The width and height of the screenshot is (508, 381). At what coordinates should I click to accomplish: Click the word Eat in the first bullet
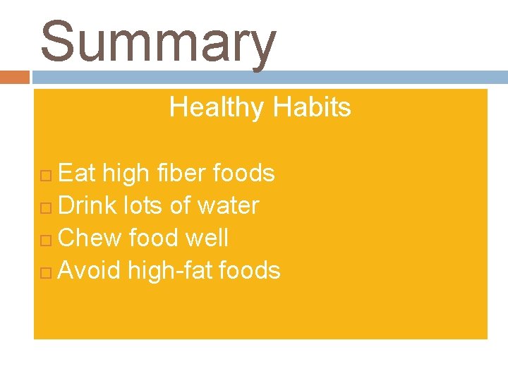coord(78,173)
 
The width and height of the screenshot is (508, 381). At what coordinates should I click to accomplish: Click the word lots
coord(143,205)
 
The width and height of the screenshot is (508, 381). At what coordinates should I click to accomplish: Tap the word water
coord(228,205)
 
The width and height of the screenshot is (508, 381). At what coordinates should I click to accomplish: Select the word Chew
coord(90,238)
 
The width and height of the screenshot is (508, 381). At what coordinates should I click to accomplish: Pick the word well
coord(207,238)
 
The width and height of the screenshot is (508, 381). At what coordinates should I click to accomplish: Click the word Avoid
coord(90,270)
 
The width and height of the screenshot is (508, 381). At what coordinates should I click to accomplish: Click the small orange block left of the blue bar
coord(14,77)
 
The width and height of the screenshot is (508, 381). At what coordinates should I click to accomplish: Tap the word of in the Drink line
coord(181,205)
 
